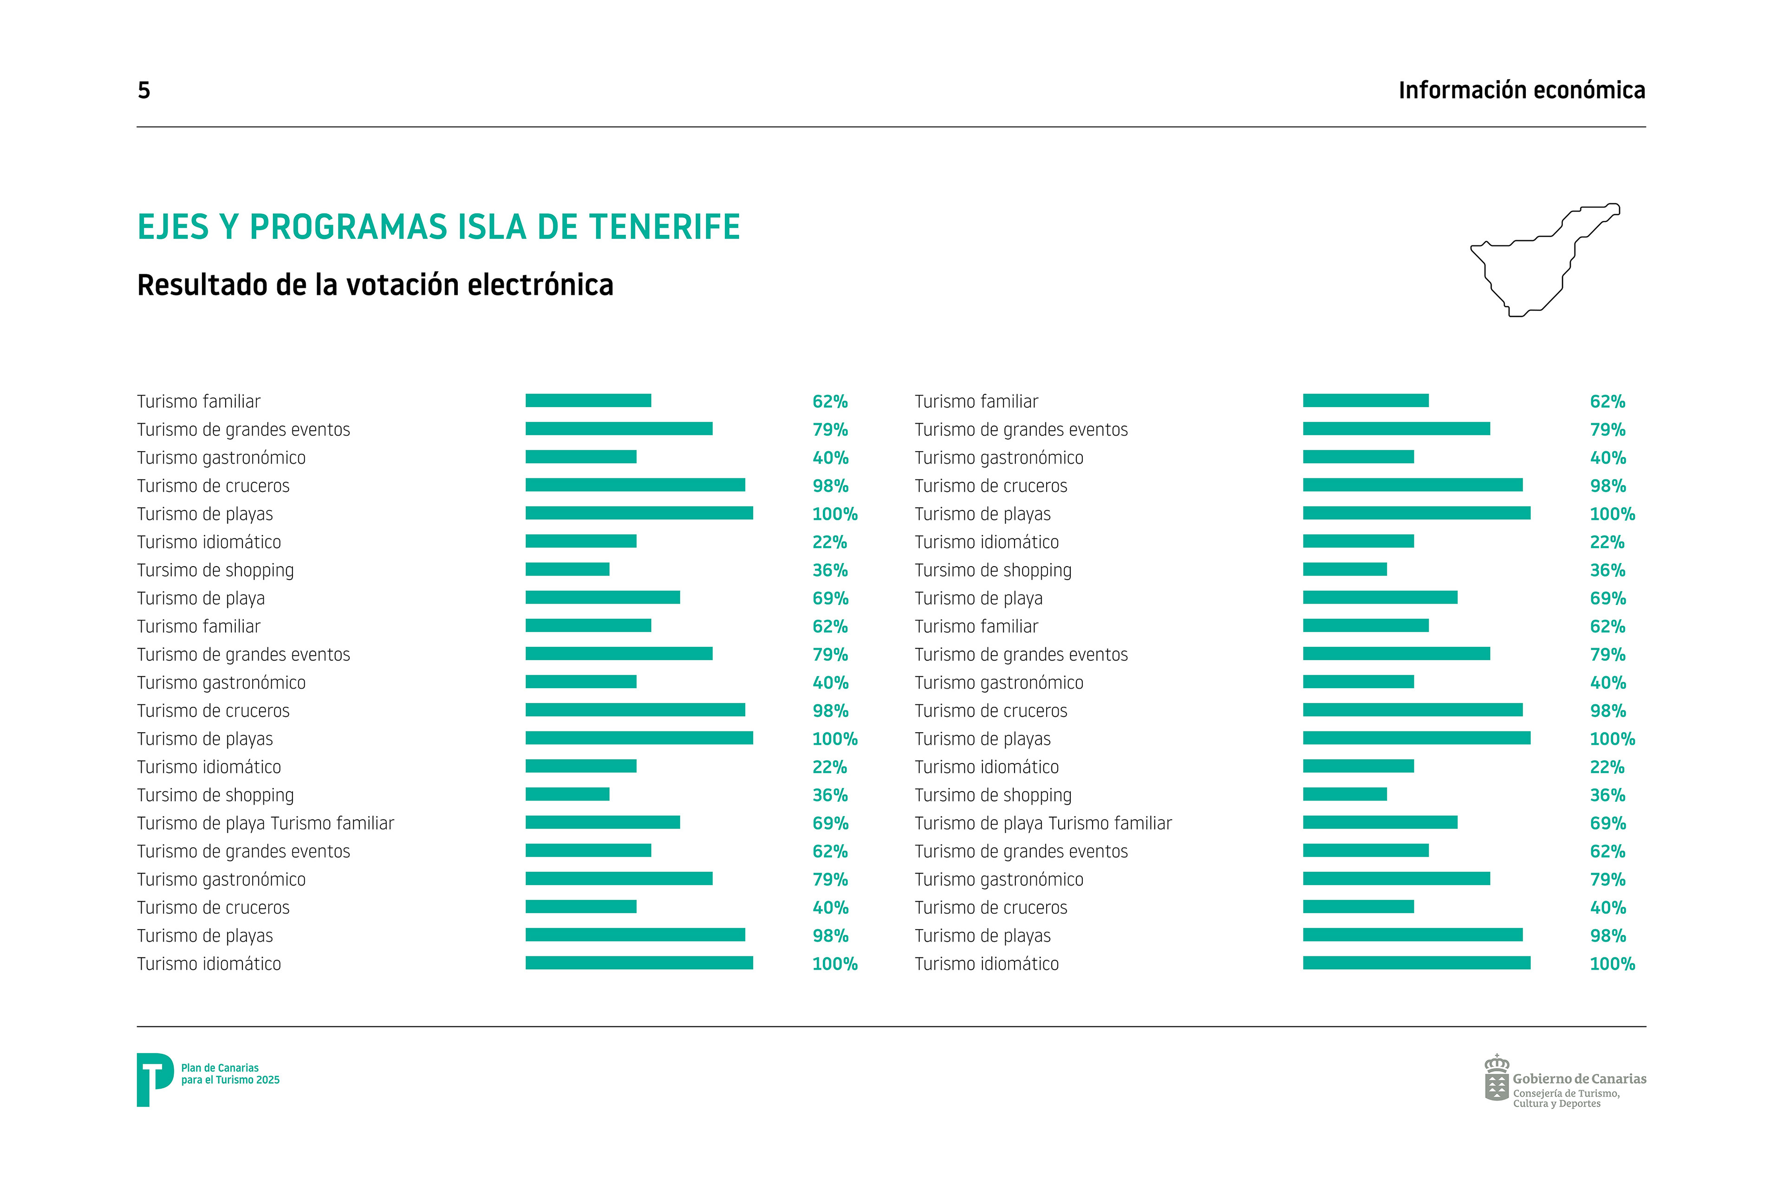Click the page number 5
144,90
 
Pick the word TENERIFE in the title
665,226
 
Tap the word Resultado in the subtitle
202,285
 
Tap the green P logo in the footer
155,1080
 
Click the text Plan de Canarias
220,1067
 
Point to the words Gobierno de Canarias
1580,1078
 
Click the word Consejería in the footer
1536,1093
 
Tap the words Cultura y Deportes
1557,1104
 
